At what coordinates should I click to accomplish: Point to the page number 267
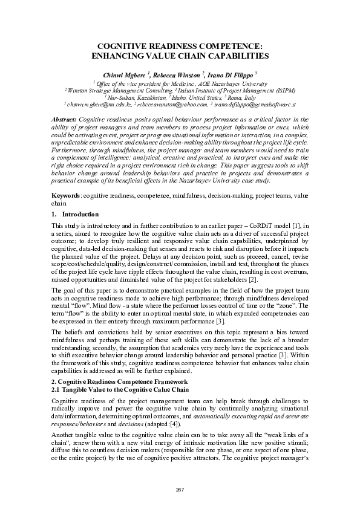pyautogui.click(x=180, y=488)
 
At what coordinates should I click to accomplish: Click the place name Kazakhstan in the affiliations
pyautogui.click(x=145, y=97)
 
